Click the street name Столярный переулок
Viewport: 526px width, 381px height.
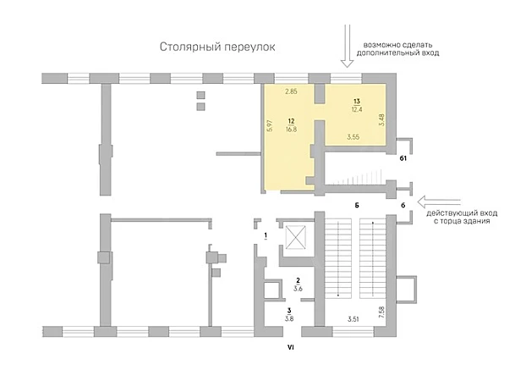[217, 47]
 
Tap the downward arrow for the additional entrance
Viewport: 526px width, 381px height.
[347, 46]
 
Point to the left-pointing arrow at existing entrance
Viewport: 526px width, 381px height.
[439, 202]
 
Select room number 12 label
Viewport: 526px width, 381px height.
[291, 121]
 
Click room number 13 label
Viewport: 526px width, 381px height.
[357, 101]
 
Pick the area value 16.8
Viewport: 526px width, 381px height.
[291, 129]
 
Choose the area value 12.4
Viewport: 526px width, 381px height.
[357, 109]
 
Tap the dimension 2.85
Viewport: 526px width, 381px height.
[291, 91]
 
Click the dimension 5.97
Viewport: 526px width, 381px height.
[271, 125]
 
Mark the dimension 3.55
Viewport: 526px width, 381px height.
[353, 137]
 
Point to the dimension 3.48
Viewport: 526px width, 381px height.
[381, 120]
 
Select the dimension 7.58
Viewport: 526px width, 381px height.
[381, 312]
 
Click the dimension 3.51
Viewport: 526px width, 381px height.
[353, 319]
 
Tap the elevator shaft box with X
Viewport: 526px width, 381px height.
[295, 237]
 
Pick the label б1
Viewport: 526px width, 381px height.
[403, 158]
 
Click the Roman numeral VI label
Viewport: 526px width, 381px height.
[291, 348]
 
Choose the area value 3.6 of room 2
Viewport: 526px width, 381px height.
[298, 289]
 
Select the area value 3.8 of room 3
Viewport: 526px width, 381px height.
[289, 319]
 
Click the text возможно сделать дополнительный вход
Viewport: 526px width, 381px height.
[397, 49]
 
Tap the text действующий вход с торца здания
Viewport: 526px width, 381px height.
[462, 218]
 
